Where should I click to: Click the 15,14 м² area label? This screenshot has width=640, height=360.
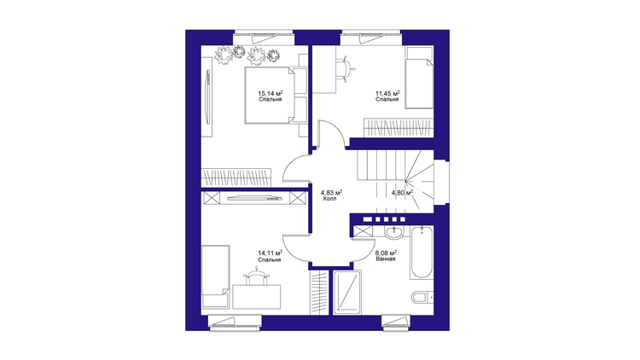(271, 93)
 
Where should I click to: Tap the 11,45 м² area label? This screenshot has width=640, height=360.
(387, 94)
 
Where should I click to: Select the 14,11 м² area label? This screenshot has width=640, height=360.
(271, 254)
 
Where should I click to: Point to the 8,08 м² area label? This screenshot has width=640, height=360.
(386, 253)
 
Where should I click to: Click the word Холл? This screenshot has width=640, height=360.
(329, 199)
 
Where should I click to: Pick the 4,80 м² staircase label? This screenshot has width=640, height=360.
(402, 193)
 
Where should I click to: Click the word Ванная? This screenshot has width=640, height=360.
(386, 258)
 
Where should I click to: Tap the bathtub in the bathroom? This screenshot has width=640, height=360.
(422, 253)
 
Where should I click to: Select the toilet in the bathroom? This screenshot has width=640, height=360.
(422, 297)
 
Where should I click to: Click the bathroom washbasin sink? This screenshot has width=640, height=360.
(393, 232)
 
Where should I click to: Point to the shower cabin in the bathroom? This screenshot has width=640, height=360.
(347, 293)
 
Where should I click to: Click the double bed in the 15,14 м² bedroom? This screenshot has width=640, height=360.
(271, 95)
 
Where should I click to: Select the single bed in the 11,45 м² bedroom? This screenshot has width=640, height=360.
(419, 78)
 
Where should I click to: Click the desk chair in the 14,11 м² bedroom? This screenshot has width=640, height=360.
(256, 276)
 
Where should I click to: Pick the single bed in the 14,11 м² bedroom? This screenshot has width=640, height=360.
(216, 276)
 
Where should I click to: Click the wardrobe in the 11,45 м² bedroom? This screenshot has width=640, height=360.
(398, 128)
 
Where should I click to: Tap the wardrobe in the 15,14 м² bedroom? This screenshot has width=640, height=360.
(236, 177)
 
